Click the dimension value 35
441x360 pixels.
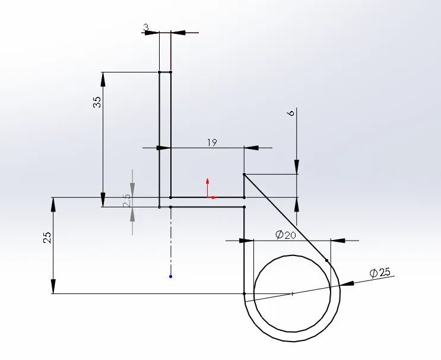tap(97, 102)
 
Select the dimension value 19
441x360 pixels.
tap(212, 143)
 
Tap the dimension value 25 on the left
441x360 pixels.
tap(48, 238)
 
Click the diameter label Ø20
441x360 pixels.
tap(285, 235)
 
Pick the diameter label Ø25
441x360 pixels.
tap(380, 273)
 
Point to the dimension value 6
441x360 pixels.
tap(291, 113)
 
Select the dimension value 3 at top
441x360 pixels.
tap(145, 27)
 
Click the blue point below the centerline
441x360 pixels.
tap(170, 276)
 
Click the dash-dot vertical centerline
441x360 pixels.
tap(170, 244)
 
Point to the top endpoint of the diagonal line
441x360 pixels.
tap(244, 175)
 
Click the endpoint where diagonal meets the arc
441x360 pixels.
tap(328, 260)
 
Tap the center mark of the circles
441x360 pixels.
tap(292, 293)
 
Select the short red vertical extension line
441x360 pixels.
tap(171, 50)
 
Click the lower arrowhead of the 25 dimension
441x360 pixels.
tap(53, 288)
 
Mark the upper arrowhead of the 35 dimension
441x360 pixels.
tap(103, 78)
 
